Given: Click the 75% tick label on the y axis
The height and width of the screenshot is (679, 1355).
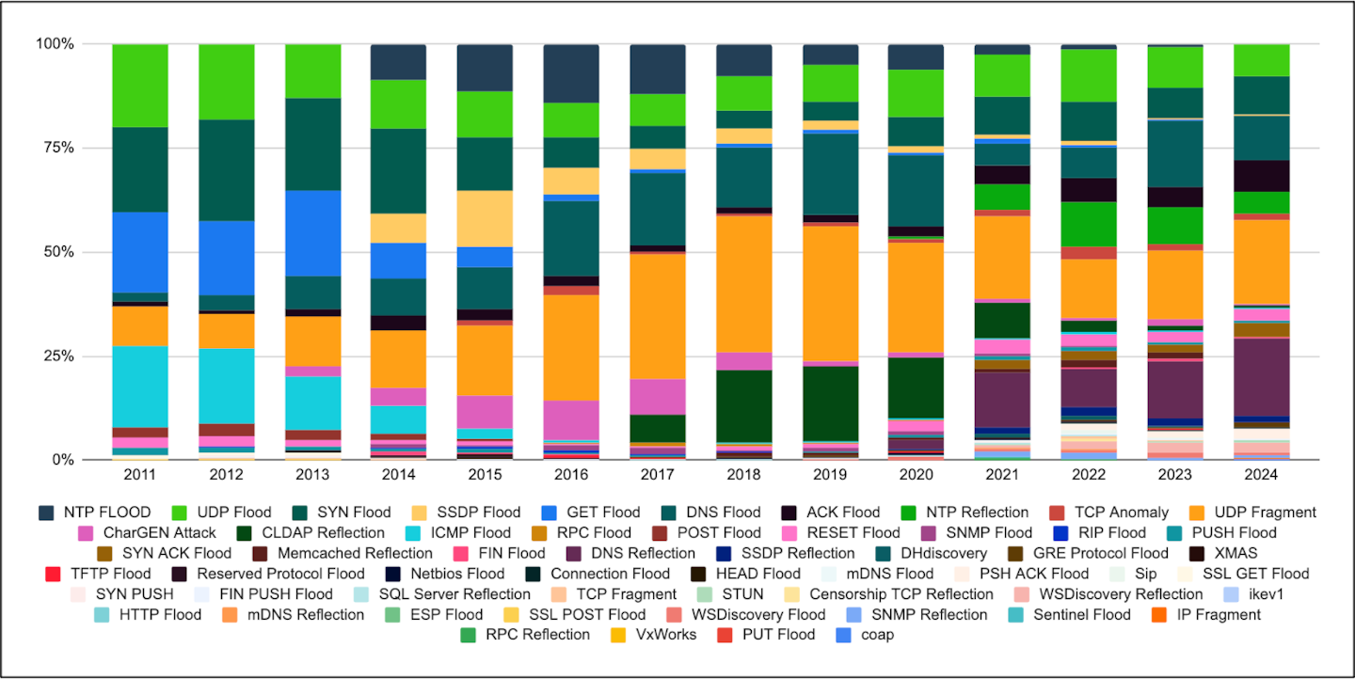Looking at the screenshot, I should (56, 148).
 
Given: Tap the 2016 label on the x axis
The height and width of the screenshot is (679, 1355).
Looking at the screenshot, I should (571, 475).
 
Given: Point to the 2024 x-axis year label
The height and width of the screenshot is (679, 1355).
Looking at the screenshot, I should (1261, 475).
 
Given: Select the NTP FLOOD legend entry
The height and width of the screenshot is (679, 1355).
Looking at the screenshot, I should (94, 513).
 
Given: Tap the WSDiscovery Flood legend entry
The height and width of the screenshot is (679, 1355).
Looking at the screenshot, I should (749, 614).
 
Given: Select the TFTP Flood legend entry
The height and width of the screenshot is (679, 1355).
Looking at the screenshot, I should (97, 574).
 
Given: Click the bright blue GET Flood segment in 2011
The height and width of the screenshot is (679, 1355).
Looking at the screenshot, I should (140, 252).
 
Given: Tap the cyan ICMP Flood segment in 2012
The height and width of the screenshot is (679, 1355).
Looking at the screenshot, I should (227, 386).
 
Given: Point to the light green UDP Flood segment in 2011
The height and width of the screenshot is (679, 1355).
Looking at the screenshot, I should (140, 86).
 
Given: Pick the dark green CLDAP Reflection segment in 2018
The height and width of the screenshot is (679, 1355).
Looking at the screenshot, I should (744, 405).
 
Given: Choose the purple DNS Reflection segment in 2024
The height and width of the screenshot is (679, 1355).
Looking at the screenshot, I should (1261, 376).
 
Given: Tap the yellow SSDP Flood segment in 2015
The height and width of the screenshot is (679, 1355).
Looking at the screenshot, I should (485, 218).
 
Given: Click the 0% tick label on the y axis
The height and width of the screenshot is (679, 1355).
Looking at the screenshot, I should (59, 460).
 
